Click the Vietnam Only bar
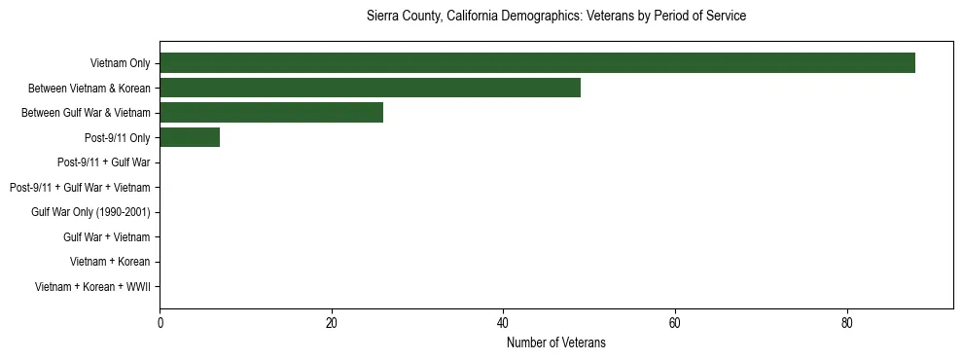coord(537,63)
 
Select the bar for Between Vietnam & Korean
coord(370,88)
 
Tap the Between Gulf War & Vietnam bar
coord(271,113)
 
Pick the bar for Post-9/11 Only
coord(190,137)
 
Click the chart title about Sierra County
coord(556,17)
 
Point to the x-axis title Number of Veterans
coord(556,342)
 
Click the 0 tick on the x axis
coord(160,324)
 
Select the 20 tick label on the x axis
coord(332,324)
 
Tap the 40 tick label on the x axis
coord(503,324)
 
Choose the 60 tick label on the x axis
coord(675,324)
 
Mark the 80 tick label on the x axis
coord(847,324)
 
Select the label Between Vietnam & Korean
coord(89,89)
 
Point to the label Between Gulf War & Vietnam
coord(86,113)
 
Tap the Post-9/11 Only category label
coord(117,138)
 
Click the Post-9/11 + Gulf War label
coord(103,162)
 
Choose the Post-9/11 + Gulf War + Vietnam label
coord(80,188)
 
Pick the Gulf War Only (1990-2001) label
coord(90,212)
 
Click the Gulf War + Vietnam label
coord(106,237)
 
